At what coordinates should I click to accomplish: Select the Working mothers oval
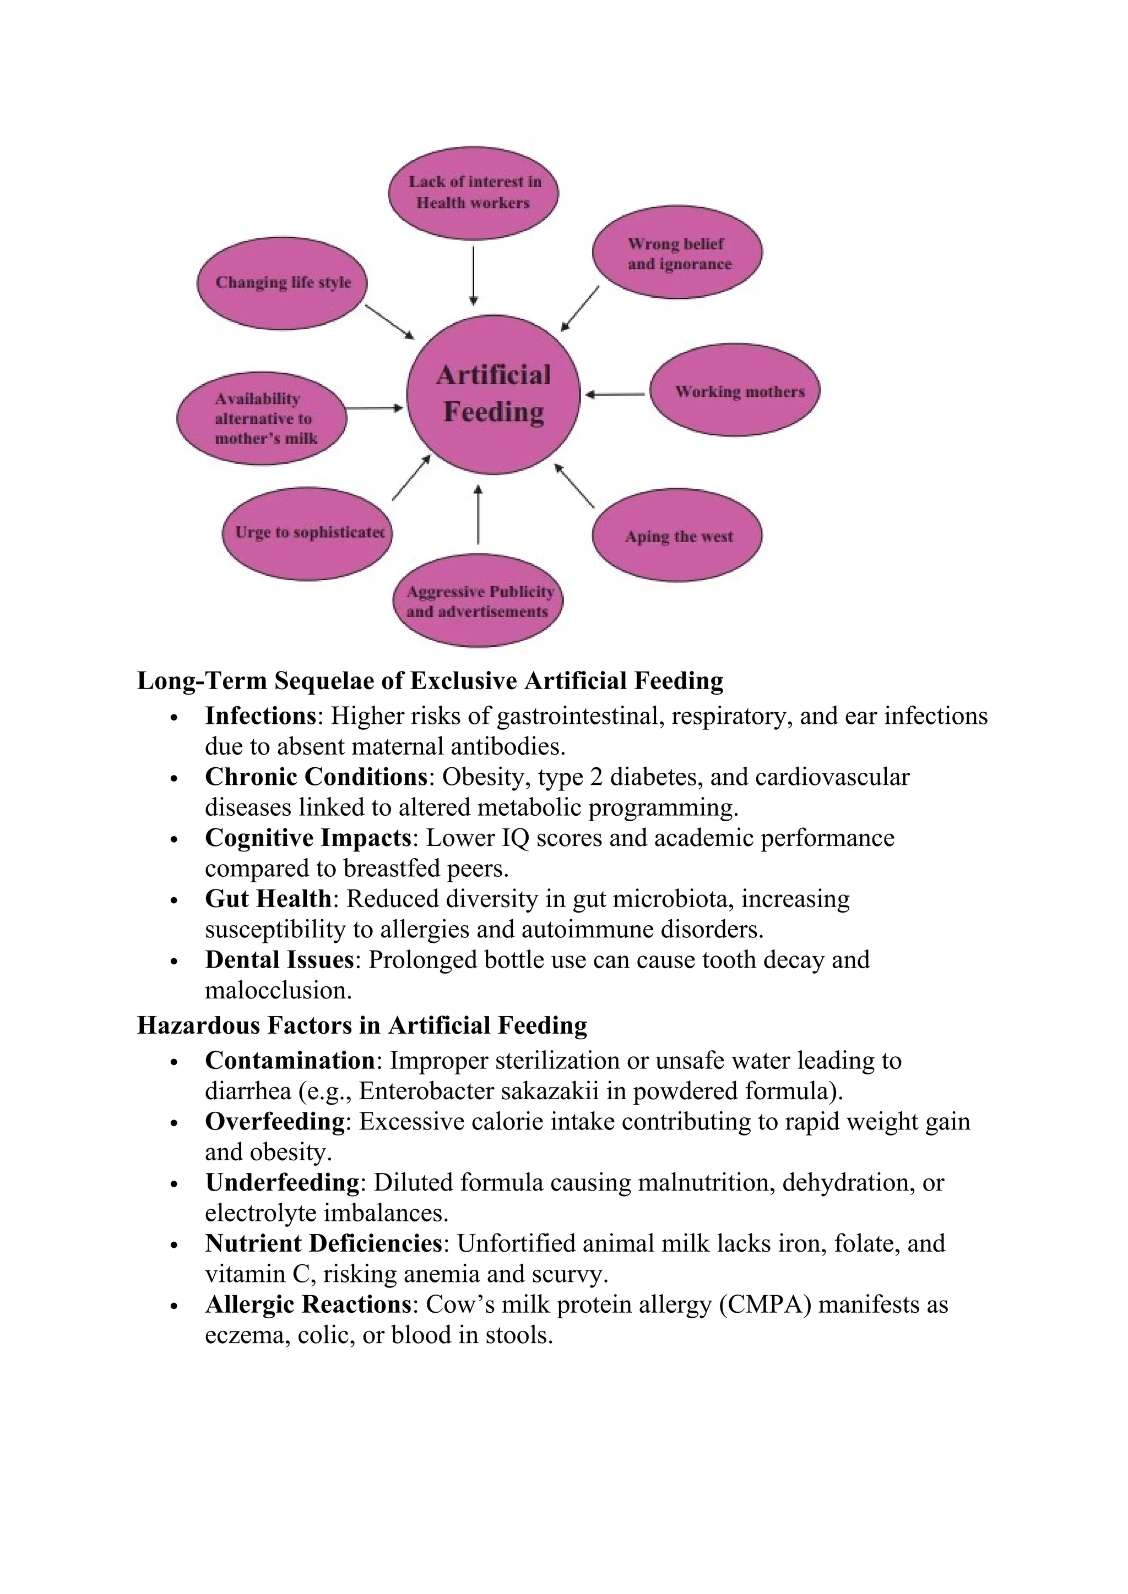735,390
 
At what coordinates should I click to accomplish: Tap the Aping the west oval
677,535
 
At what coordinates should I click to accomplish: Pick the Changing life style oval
282,282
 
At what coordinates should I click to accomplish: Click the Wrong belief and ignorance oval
677,253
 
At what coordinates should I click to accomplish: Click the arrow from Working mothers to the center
615,394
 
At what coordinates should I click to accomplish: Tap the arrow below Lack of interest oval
474,275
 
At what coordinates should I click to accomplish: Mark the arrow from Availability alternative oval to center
373,408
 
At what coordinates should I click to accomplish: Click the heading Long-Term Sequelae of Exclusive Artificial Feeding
430,680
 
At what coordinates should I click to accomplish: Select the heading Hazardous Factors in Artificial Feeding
362,1025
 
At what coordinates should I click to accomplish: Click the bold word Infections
261,716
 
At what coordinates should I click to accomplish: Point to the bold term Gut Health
268,899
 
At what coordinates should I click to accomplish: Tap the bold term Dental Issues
279,960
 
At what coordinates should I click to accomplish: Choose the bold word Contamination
290,1060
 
